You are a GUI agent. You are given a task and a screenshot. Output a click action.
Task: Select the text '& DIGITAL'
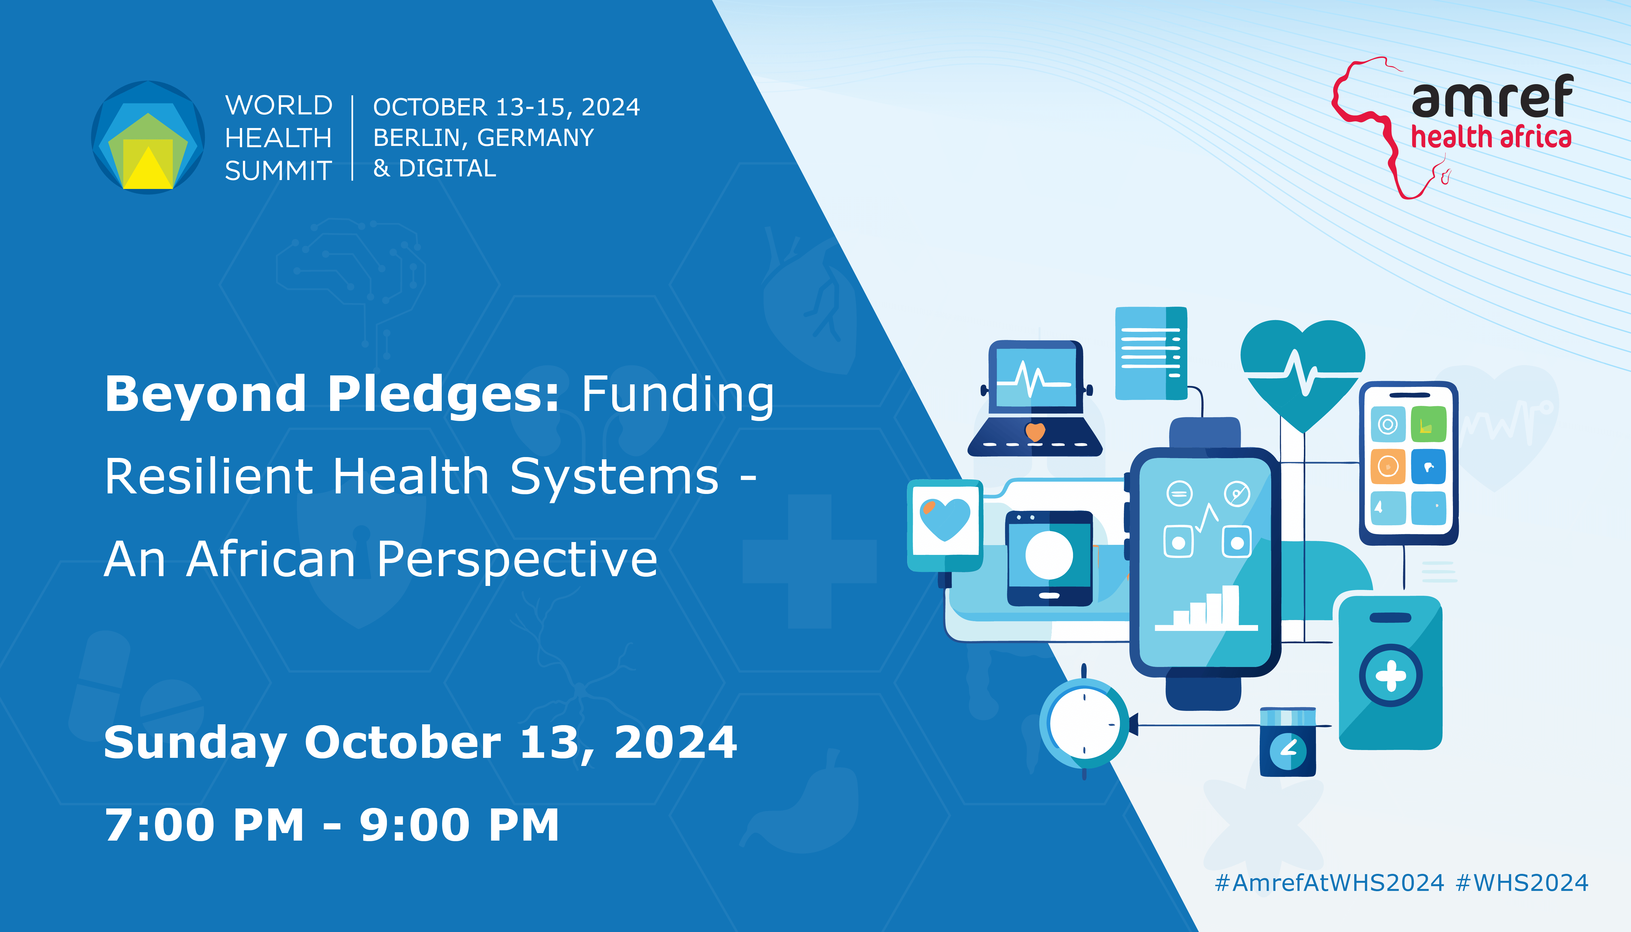[x=435, y=168]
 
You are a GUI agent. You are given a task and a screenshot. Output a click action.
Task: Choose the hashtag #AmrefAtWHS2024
[x=1330, y=883]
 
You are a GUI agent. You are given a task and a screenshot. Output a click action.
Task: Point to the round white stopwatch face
[x=1084, y=724]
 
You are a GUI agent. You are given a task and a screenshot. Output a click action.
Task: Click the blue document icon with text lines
[x=1151, y=353]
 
